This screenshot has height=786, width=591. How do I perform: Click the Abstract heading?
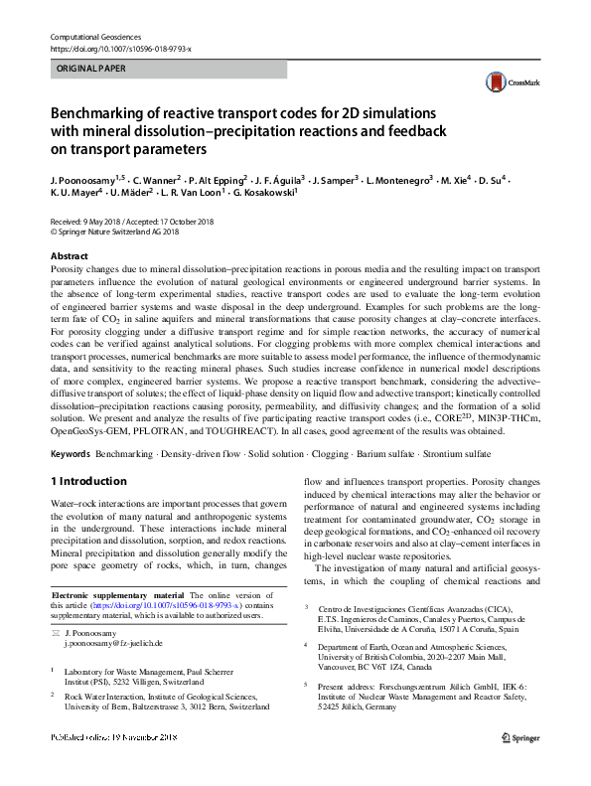[68, 255]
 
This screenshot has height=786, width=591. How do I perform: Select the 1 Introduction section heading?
[87, 481]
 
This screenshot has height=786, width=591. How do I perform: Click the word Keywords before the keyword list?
[70, 453]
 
